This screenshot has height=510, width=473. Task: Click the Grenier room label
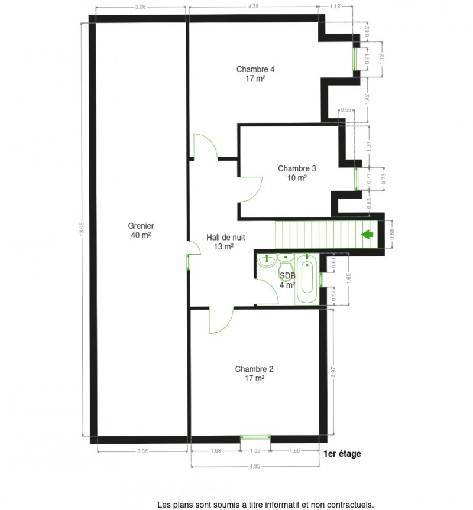141,230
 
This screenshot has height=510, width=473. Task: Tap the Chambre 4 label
255,73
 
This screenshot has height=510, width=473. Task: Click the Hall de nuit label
225,242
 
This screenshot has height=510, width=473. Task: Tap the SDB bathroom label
287,280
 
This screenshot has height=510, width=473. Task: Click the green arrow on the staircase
367,235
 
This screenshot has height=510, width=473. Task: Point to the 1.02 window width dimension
255,451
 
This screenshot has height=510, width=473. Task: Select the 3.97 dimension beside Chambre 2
333,372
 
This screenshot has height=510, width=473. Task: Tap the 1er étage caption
342,454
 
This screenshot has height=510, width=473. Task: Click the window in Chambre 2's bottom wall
255,438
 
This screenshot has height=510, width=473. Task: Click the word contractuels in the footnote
349,505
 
